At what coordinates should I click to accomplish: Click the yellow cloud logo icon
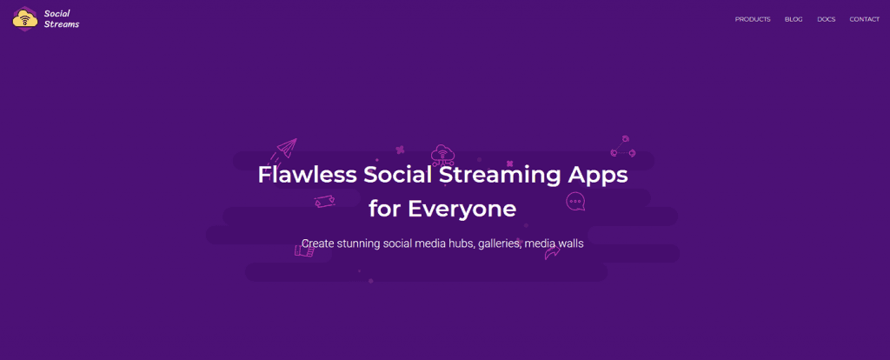click(24, 17)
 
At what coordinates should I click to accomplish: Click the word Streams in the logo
click(61, 24)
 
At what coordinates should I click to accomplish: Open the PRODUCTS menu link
click(753, 19)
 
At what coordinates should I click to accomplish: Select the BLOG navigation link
click(794, 19)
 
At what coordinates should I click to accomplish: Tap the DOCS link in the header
click(827, 19)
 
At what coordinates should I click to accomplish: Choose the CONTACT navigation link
click(865, 19)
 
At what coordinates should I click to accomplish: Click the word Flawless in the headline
click(307, 174)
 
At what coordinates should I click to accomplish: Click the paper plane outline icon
click(284, 150)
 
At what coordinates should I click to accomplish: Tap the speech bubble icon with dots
click(575, 202)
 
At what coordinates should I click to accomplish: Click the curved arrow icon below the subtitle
click(552, 252)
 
